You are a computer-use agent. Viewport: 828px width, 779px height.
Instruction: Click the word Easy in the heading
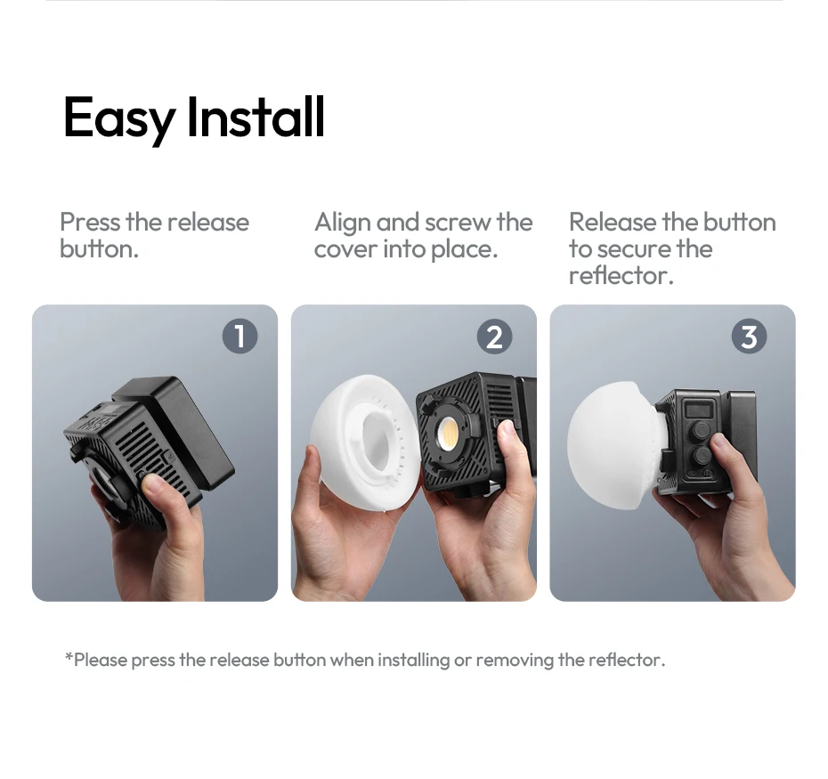[119, 118]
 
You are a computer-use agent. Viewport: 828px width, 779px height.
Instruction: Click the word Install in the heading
[256, 117]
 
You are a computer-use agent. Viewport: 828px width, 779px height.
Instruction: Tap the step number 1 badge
[239, 337]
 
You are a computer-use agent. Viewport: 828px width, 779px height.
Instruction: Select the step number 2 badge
[494, 337]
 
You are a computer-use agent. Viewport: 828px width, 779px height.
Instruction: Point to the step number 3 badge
[749, 337]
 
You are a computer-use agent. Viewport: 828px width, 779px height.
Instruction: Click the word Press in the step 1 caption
[90, 222]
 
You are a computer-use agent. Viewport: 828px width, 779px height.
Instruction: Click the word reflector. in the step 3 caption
[621, 275]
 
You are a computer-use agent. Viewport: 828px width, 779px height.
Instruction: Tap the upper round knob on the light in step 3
[702, 429]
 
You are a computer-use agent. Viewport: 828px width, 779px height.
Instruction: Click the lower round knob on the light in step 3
[702, 455]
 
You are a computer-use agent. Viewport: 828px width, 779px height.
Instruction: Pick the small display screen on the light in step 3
[699, 409]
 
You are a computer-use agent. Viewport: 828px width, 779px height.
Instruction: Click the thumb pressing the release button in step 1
[156, 489]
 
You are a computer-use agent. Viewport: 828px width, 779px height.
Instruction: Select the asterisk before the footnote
[69, 656]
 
